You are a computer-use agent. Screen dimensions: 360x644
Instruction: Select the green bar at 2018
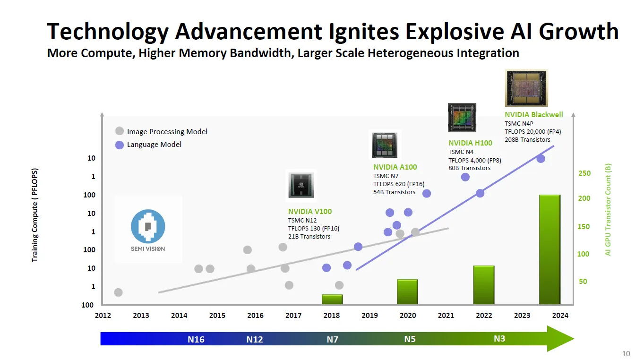[x=332, y=299]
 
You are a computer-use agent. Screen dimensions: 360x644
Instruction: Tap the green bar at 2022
[x=483, y=285]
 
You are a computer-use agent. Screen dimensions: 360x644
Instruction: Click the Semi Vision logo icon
[x=148, y=226]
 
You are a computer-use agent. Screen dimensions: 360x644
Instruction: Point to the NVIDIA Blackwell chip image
[x=526, y=88]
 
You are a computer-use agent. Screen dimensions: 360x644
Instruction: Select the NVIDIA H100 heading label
[x=470, y=143]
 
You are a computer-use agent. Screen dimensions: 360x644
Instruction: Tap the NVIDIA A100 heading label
[x=395, y=167]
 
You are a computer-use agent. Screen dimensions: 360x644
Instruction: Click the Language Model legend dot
[x=120, y=145]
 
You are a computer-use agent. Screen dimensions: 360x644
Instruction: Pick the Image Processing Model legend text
[x=167, y=132]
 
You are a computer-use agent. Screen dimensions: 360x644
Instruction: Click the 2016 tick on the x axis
[x=255, y=316]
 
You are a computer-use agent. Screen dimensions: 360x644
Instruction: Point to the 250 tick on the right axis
[x=584, y=173]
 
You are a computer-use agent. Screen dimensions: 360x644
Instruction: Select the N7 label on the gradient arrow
[x=332, y=339]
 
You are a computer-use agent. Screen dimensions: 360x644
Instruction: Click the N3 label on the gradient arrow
[x=499, y=339]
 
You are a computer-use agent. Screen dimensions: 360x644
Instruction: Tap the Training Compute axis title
[x=34, y=215]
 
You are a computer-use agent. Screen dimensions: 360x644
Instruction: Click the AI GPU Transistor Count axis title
[x=608, y=209]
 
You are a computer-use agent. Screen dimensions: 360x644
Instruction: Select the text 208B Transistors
[x=527, y=139]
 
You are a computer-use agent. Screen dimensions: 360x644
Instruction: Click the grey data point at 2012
[x=118, y=292]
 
